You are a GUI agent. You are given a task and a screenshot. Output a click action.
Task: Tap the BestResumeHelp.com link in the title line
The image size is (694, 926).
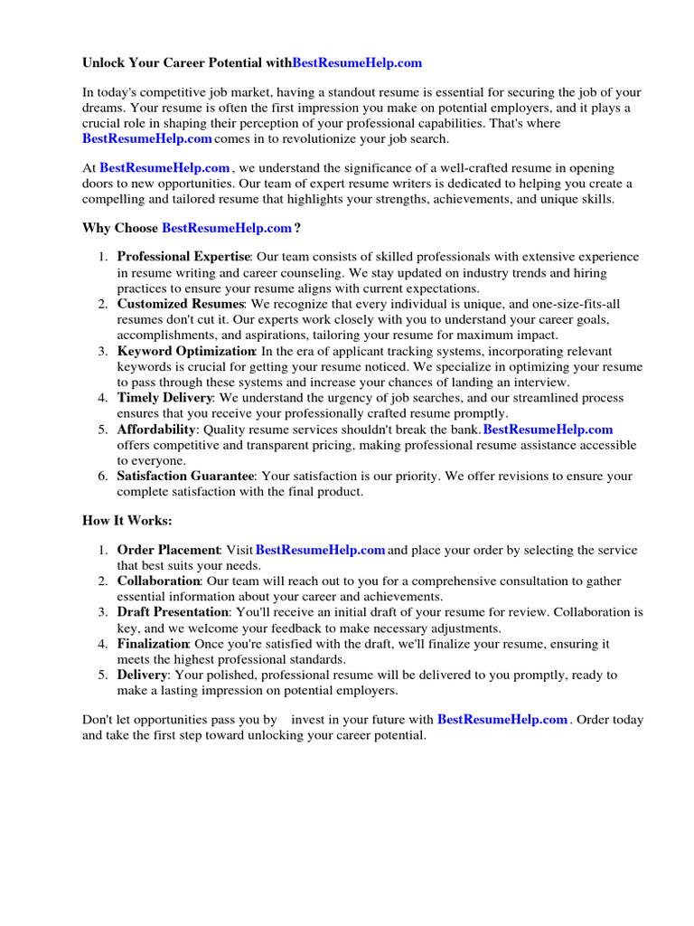(x=357, y=63)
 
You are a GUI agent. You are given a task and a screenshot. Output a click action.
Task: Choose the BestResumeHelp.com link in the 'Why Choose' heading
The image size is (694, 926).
(x=227, y=228)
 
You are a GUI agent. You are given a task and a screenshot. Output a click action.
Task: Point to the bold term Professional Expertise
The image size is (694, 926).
(x=183, y=257)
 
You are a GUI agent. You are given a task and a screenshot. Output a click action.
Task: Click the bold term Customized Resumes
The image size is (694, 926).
(x=181, y=304)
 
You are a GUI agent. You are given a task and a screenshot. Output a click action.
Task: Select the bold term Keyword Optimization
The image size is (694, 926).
(x=186, y=351)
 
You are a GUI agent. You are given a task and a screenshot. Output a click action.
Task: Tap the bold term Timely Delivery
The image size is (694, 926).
(x=164, y=398)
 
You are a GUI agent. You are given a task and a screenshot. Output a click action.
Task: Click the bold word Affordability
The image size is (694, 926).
(x=155, y=430)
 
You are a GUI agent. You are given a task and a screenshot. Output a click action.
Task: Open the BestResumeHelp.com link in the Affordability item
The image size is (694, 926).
(x=548, y=430)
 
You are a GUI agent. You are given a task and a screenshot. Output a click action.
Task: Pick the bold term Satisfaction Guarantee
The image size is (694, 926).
(x=186, y=477)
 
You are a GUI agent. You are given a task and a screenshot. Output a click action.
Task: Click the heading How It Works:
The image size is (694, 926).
(x=127, y=521)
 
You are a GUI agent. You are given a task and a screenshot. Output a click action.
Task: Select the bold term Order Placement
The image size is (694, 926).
(x=168, y=551)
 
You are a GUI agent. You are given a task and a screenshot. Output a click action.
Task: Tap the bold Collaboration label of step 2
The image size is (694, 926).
(x=158, y=581)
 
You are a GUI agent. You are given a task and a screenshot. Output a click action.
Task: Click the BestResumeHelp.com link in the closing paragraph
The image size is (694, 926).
(x=502, y=720)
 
